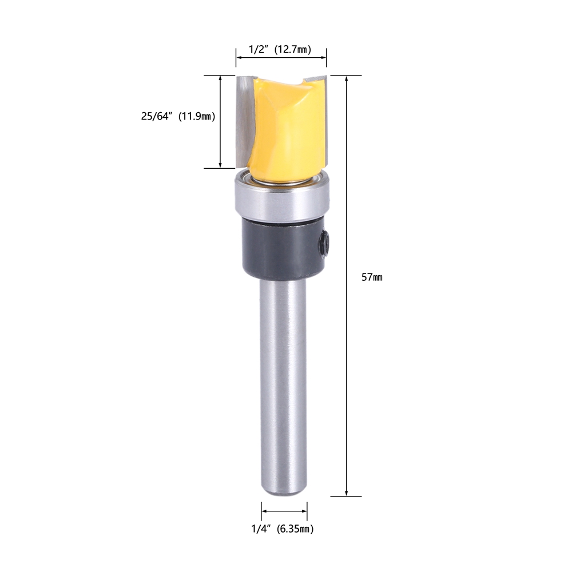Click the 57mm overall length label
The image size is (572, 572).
point(372,277)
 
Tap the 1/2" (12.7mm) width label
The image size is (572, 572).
point(280,49)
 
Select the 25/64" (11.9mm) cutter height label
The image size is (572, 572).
point(178,116)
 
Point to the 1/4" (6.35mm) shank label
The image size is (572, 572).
point(283,529)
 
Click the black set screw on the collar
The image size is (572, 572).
point(323,242)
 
